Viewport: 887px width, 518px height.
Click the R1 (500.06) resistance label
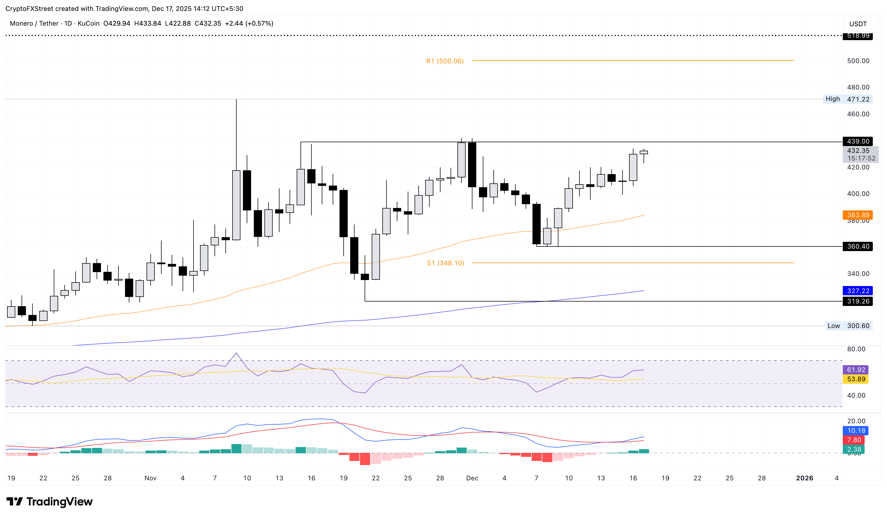pos(445,61)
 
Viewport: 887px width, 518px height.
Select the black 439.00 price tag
pos(858,141)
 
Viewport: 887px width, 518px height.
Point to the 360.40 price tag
pos(858,247)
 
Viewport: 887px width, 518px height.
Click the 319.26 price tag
pos(858,302)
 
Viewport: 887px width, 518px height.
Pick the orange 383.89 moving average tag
pos(858,215)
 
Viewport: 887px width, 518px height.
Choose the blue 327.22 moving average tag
pos(858,291)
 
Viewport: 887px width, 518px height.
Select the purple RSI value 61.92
pos(856,370)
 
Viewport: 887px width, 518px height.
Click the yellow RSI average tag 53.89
pos(856,379)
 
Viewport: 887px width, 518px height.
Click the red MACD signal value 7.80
pos(854,440)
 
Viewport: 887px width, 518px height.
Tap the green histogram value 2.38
pos(854,450)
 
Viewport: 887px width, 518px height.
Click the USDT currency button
pos(858,24)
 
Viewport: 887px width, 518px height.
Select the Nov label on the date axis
pos(150,478)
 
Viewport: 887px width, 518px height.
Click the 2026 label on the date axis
pos(805,478)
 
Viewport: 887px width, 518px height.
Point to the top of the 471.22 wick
pos(236,100)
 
